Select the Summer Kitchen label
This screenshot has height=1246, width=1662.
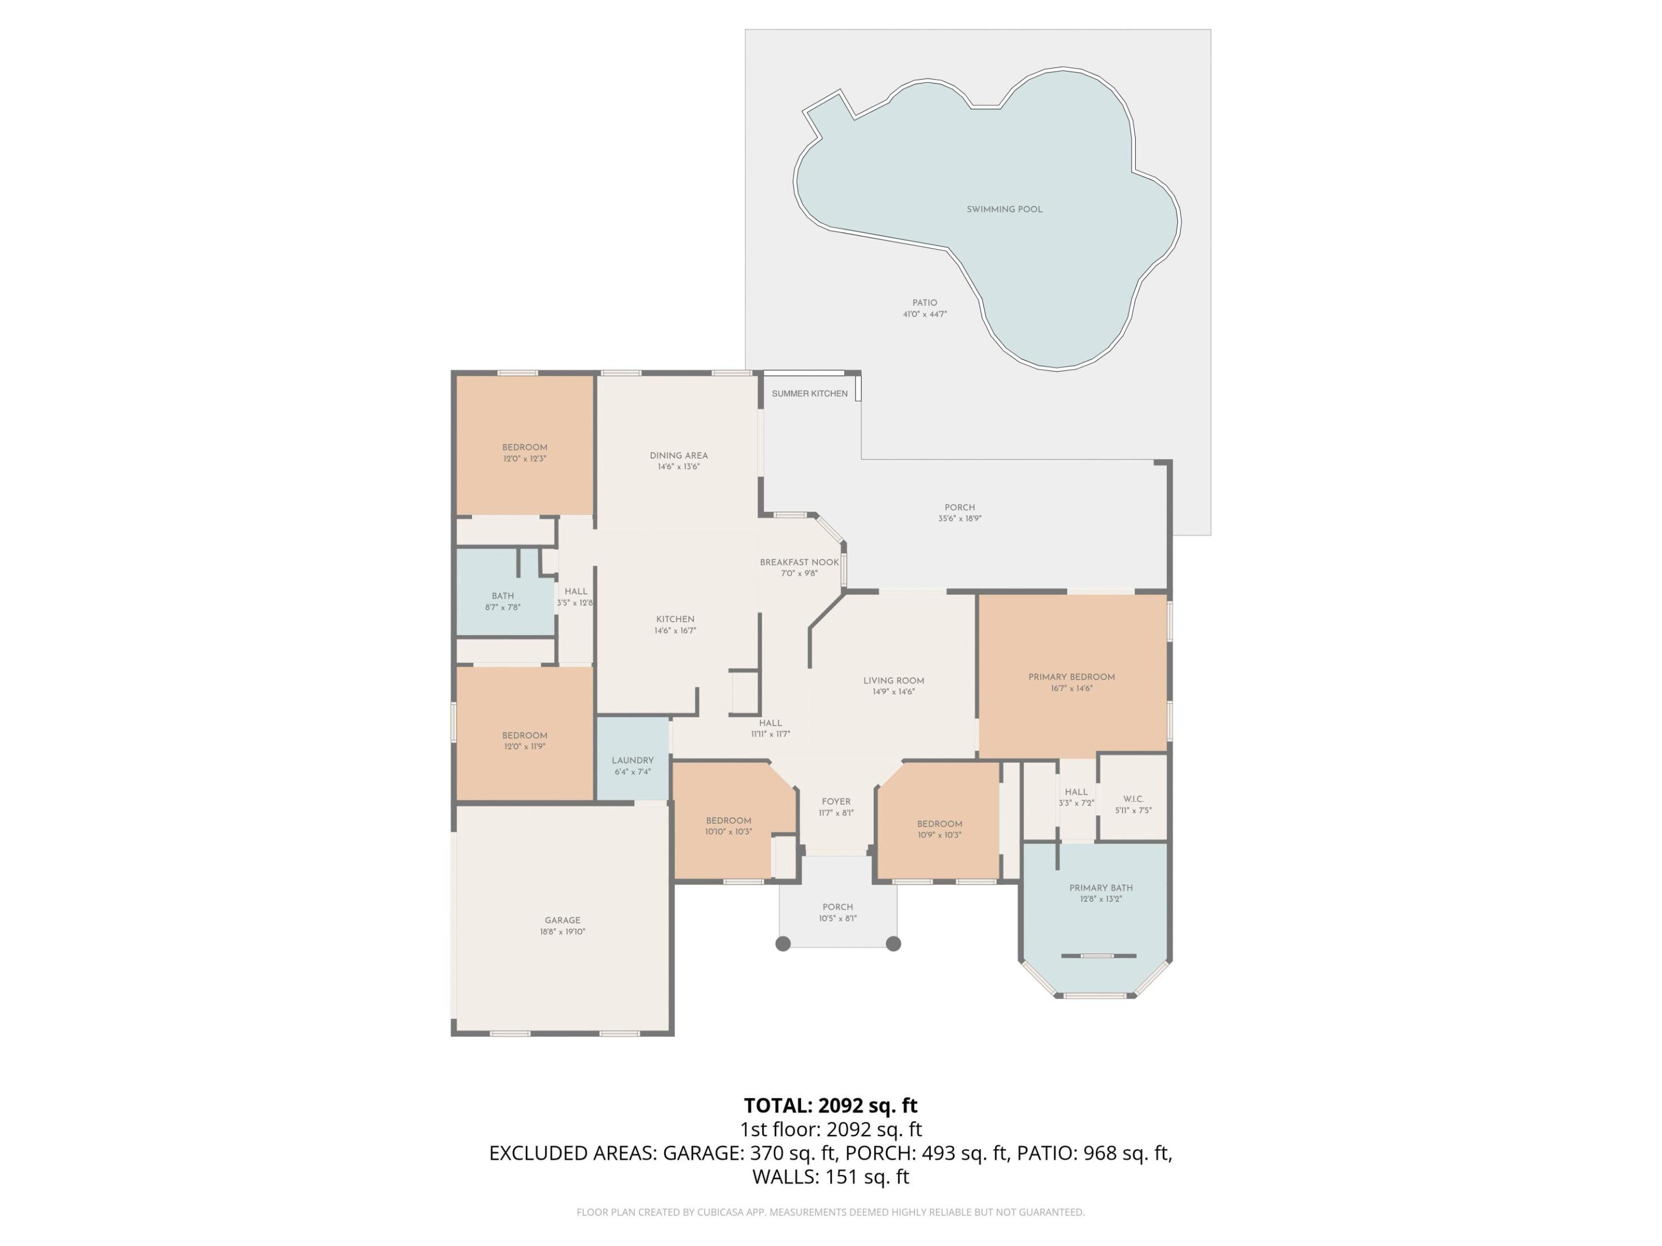click(809, 393)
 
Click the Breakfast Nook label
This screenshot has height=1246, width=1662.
click(799, 562)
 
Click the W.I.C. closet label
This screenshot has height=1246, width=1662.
click(1133, 799)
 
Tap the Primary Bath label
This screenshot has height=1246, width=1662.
click(1100, 888)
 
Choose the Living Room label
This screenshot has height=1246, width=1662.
click(893, 681)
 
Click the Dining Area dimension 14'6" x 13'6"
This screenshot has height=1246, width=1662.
click(679, 467)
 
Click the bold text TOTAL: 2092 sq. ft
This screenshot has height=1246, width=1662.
click(830, 1106)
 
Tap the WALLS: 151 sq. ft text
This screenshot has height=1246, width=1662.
click(830, 1177)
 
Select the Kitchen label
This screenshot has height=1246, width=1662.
click(675, 620)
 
